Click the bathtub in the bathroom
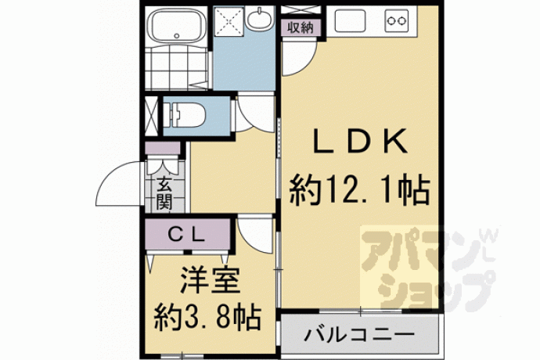tap(176, 25)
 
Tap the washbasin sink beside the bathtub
tap(258, 18)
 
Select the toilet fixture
tap(184, 114)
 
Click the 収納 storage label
tap(301, 27)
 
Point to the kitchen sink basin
tap(350, 20)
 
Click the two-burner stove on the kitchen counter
tap(397, 20)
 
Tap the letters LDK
tap(360, 141)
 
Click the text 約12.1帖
tap(359, 190)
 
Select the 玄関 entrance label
tap(164, 194)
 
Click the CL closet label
tap(187, 235)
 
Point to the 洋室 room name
tap(210, 281)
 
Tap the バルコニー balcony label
tap(359, 334)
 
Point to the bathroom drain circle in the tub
tap(177, 35)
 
